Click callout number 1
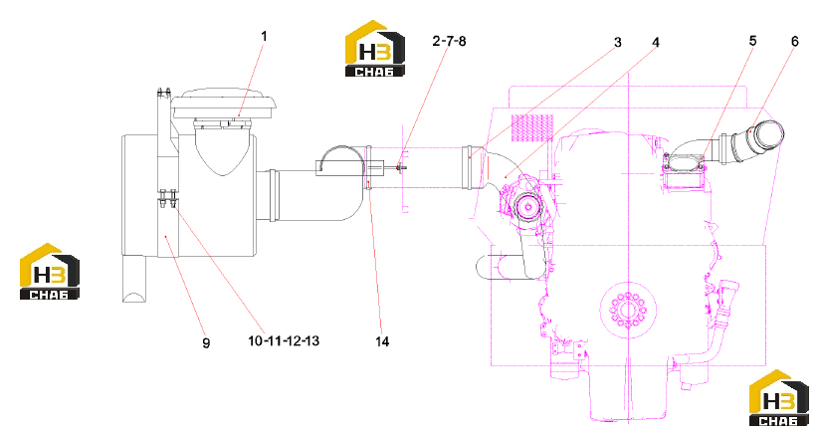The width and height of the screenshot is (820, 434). click(x=264, y=36)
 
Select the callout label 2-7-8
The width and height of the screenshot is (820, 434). click(x=449, y=41)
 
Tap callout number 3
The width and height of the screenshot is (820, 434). click(x=618, y=43)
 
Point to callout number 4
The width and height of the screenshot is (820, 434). click(x=656, y=43)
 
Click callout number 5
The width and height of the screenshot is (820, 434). click(x=752, y=41)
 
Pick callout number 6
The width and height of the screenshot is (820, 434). click(x=795, y=41)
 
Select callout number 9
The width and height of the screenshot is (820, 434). click(x=206, y=343)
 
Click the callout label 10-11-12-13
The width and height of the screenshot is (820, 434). click(x=284, y=340)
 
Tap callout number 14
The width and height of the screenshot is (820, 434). click(x=382, y=341)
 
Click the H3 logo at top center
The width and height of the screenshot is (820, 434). click(x=375, y=49)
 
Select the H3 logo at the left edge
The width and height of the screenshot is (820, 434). click(x=50, y=272)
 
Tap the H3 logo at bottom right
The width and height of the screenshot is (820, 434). click(x=779, y=398)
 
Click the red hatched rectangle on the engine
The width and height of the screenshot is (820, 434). click(x=531, y=128)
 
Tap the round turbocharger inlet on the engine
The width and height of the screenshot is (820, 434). click(x=528, y=207)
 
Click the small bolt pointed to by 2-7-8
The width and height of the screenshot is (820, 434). click(x=401, y=167)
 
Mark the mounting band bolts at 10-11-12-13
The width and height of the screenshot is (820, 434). click(x=168, y=198)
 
